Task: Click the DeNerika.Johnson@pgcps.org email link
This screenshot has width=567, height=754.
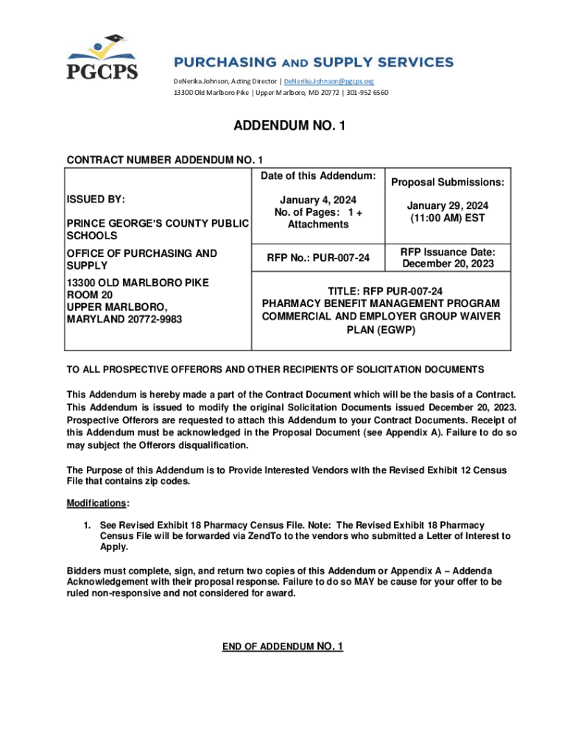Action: pos(335,81)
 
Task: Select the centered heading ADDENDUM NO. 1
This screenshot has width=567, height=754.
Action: pos(289,127)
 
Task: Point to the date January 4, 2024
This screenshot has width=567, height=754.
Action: pos(318,200)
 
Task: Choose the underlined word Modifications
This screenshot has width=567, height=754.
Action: pos(96,503)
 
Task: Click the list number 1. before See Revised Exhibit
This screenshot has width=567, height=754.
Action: pos(86,525)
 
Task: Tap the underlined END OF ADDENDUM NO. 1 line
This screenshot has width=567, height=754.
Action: pos(283,646)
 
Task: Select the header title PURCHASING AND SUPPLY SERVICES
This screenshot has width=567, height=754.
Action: pos(303,62)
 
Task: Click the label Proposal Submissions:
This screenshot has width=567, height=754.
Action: pos(447,182)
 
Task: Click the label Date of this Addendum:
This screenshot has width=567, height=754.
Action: pos(318,175)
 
